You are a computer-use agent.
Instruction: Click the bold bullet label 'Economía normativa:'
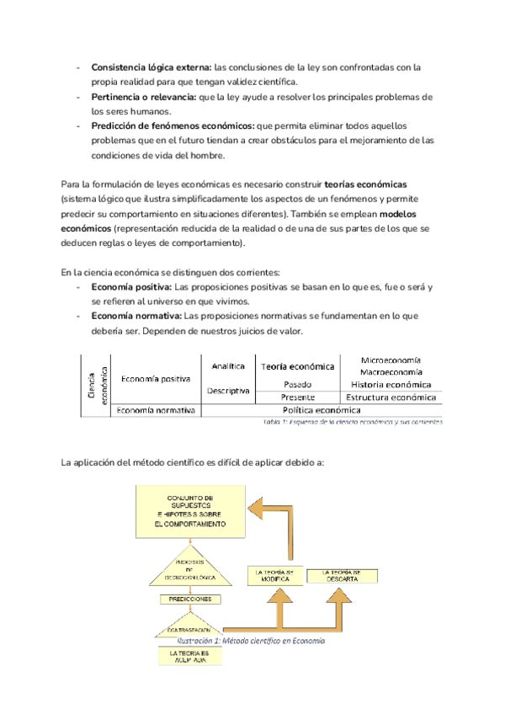[x=136, y=316]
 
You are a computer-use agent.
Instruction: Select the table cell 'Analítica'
[x=228, y=366]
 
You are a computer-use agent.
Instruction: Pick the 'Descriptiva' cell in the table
[x=228, y=391]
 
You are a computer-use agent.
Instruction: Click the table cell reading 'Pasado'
[x=298, y=384]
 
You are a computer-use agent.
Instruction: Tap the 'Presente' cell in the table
[x=298, y=397]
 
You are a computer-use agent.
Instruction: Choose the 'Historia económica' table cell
[x=391, y=384]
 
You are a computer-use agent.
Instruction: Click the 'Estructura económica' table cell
[x=391, y=397]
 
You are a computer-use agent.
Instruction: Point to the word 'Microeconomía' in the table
[x=391, y=360]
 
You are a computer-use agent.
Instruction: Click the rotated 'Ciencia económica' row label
[x=98, y=384]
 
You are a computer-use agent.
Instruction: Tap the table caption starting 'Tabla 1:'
[x=353, y=422]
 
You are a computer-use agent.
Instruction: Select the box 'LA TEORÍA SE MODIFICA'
[x=276, y=576]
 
